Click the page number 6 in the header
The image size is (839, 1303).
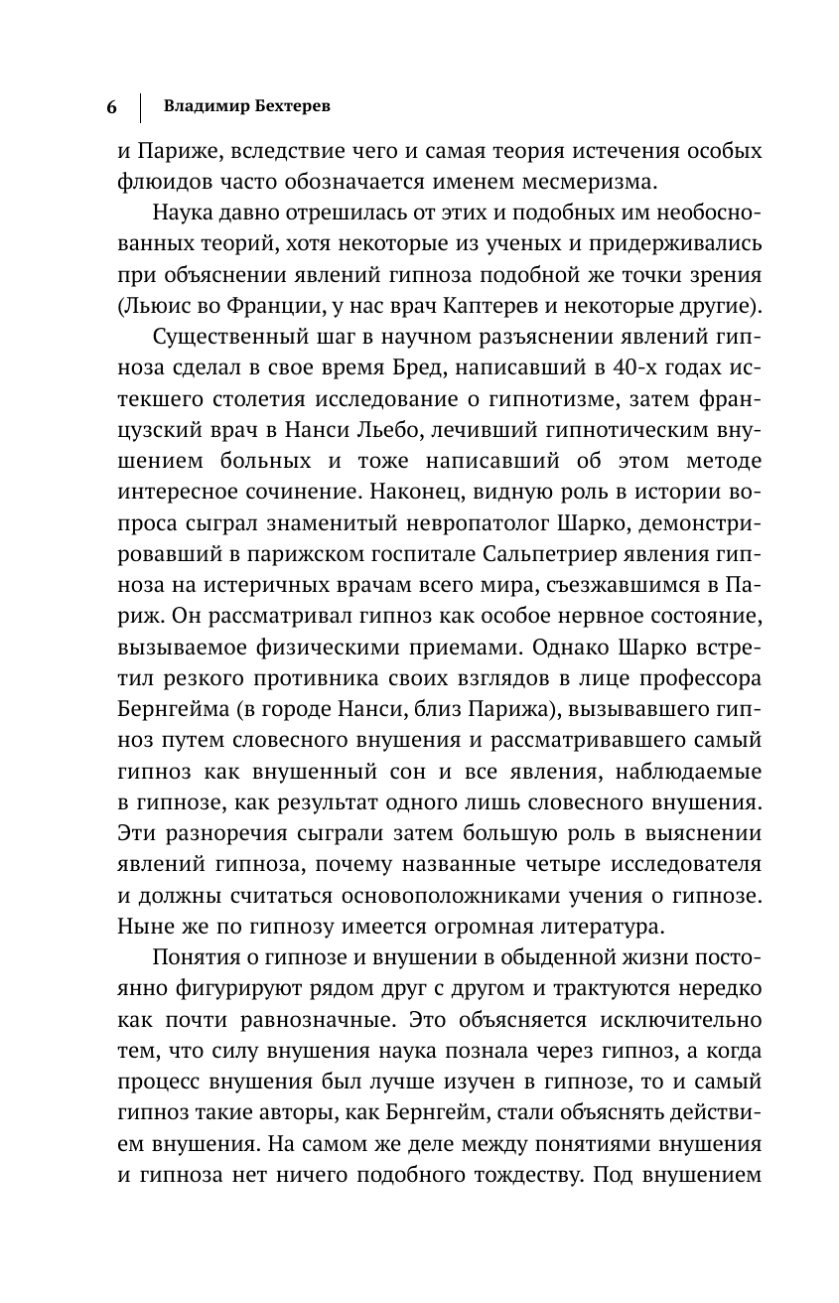tap(111, 106)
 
